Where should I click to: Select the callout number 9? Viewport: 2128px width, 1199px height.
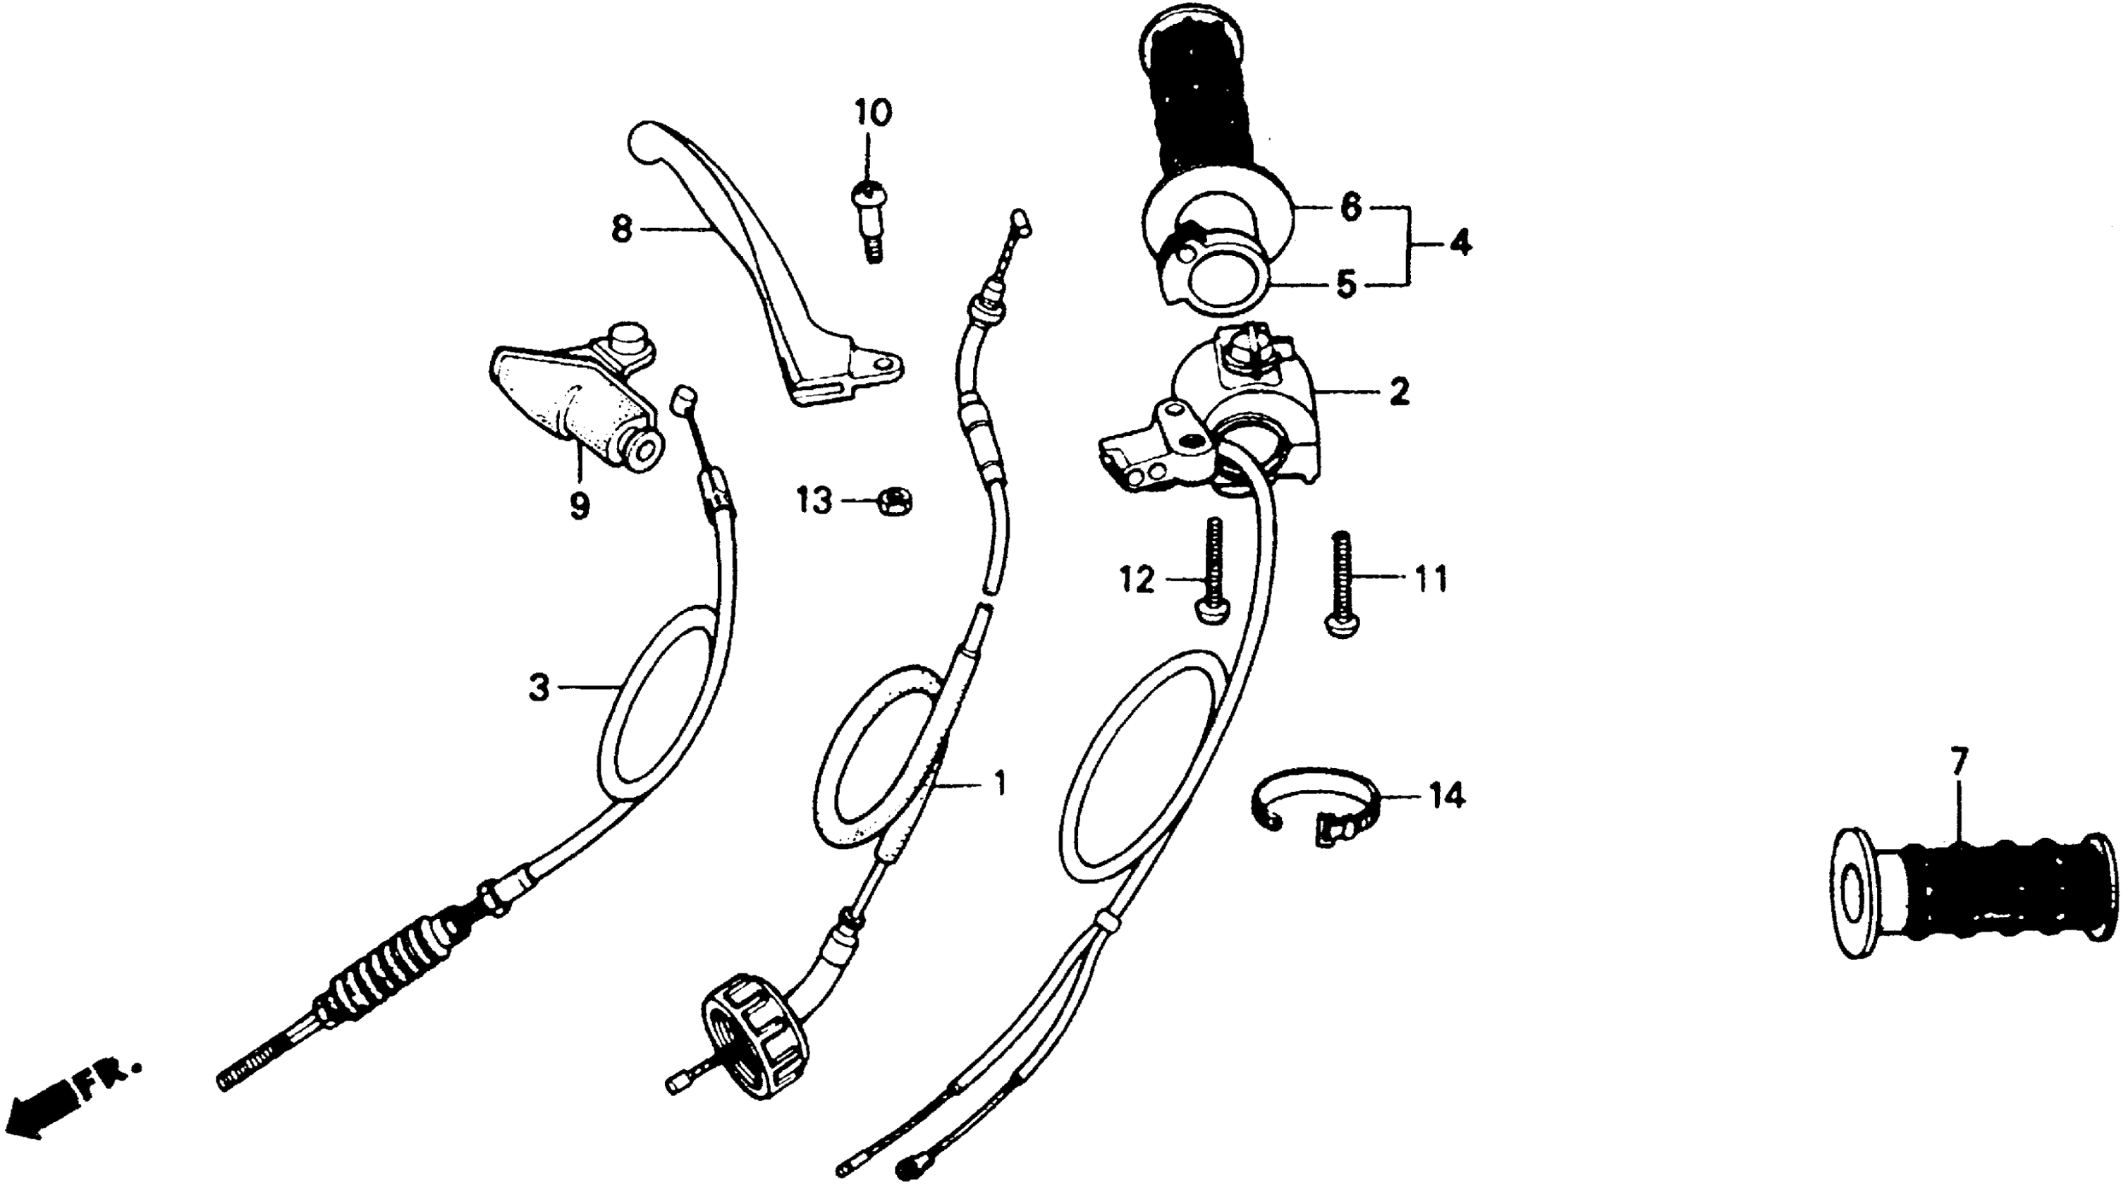580,505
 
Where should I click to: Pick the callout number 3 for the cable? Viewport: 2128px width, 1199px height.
539,687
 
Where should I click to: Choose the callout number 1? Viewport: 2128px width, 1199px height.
1000,783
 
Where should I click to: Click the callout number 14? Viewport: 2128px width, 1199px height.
1446,796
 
